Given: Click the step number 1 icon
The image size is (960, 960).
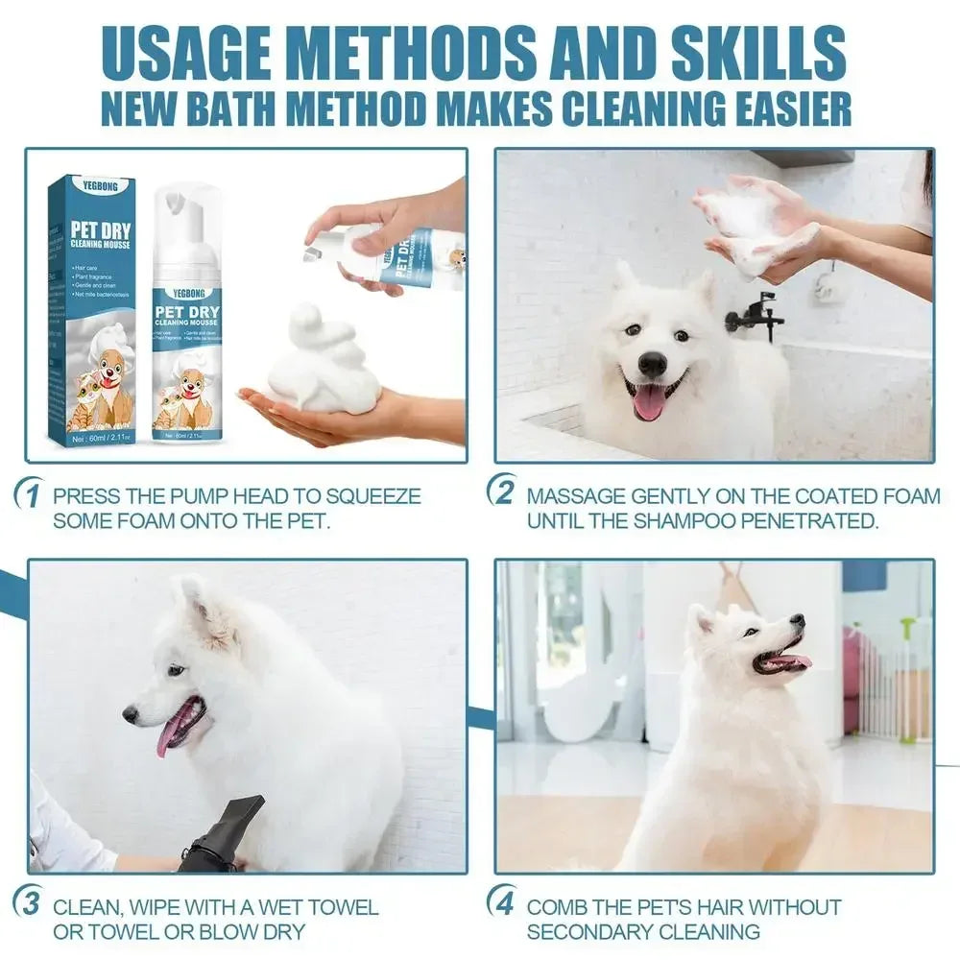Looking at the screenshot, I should tap(32, 497).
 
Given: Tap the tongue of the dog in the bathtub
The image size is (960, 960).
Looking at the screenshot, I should tap(650, 401).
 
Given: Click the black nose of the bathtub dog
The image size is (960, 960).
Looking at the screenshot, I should tap(653, 364).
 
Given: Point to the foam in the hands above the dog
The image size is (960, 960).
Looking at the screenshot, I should tap(758, 226).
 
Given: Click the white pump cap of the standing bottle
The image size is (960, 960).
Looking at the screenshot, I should tap(188, 213).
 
